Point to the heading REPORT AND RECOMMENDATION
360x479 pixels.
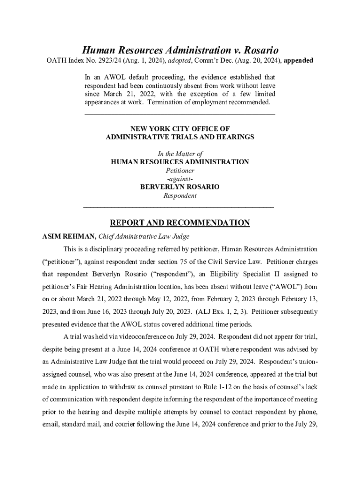coord(180,223)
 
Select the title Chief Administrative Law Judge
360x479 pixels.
coord(143,237)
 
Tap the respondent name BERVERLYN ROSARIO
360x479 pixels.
coord(180,187)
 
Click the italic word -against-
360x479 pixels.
coord(180,179)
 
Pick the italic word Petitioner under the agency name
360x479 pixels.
coord(180,170)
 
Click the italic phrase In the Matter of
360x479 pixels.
coord(180,153)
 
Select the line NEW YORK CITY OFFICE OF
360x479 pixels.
coord(180,128)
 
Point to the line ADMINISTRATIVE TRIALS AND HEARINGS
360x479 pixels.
coord(180,137)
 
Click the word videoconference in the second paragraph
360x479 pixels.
coord(126,336)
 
